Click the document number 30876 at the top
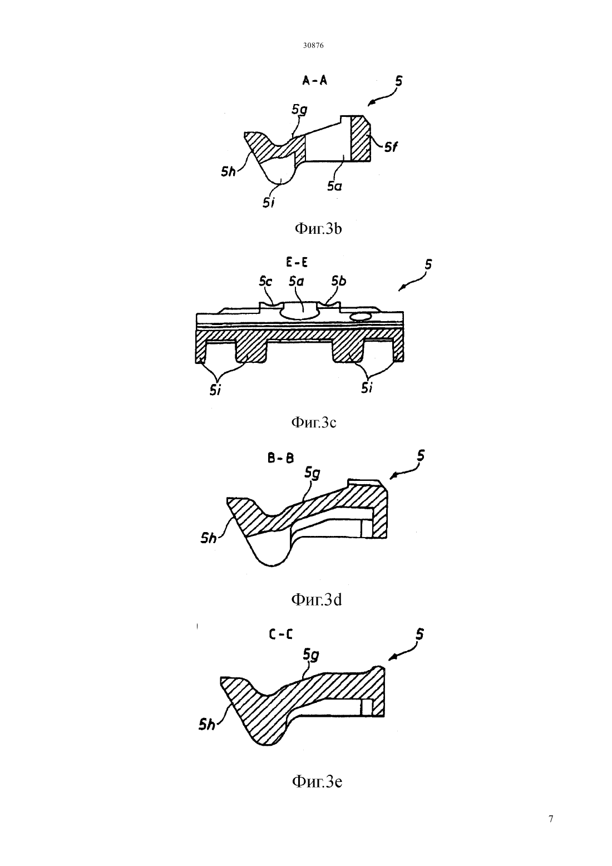click(313, 45)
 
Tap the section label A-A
click(315, 80)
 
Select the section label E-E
click(297, 263)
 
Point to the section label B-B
click(281, 458)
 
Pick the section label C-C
click(280, 634)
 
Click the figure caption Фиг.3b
click(318, 229)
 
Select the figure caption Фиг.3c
click(313, 422)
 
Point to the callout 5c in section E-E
click(265, 282)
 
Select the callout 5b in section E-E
click(339, 281)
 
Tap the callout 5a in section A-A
click(334, 186)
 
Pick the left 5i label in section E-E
click(215, 391)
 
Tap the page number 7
click(551, 819)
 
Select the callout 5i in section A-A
click(269, 203)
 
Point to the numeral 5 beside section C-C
click(419, 634)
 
